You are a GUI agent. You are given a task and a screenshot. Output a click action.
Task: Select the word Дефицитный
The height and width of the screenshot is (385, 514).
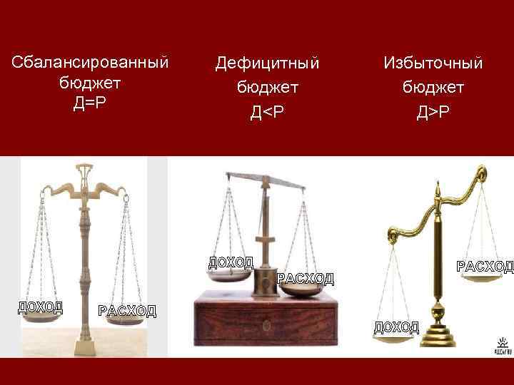(267, 63)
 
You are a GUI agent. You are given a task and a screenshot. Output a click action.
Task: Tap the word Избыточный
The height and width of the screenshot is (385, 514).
(433, 63)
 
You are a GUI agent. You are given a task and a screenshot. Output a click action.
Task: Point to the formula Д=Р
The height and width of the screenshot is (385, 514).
(90, 102)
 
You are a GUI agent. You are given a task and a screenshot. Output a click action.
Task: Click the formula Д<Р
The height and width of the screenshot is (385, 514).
(267, 111)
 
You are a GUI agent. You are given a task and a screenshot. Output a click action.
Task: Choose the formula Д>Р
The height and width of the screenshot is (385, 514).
(433, 111)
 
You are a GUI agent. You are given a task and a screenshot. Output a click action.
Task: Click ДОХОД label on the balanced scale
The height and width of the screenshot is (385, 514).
(40, 307)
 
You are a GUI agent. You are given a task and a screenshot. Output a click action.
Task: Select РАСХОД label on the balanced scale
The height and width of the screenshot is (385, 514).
(126, 310)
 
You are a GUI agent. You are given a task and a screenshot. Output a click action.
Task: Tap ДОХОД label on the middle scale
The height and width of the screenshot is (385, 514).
(231, 261)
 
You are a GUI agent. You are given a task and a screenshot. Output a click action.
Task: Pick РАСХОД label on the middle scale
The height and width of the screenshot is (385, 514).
(305, 278)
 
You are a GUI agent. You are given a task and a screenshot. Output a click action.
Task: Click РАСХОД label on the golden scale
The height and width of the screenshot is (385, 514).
(485, 267)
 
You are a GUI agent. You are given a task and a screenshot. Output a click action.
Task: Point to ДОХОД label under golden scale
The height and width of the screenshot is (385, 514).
(396, 327)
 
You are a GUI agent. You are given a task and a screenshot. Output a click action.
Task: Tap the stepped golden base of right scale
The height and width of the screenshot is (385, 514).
(437, 334)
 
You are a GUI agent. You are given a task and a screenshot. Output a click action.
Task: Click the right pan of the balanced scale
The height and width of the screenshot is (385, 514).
(126, 321)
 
